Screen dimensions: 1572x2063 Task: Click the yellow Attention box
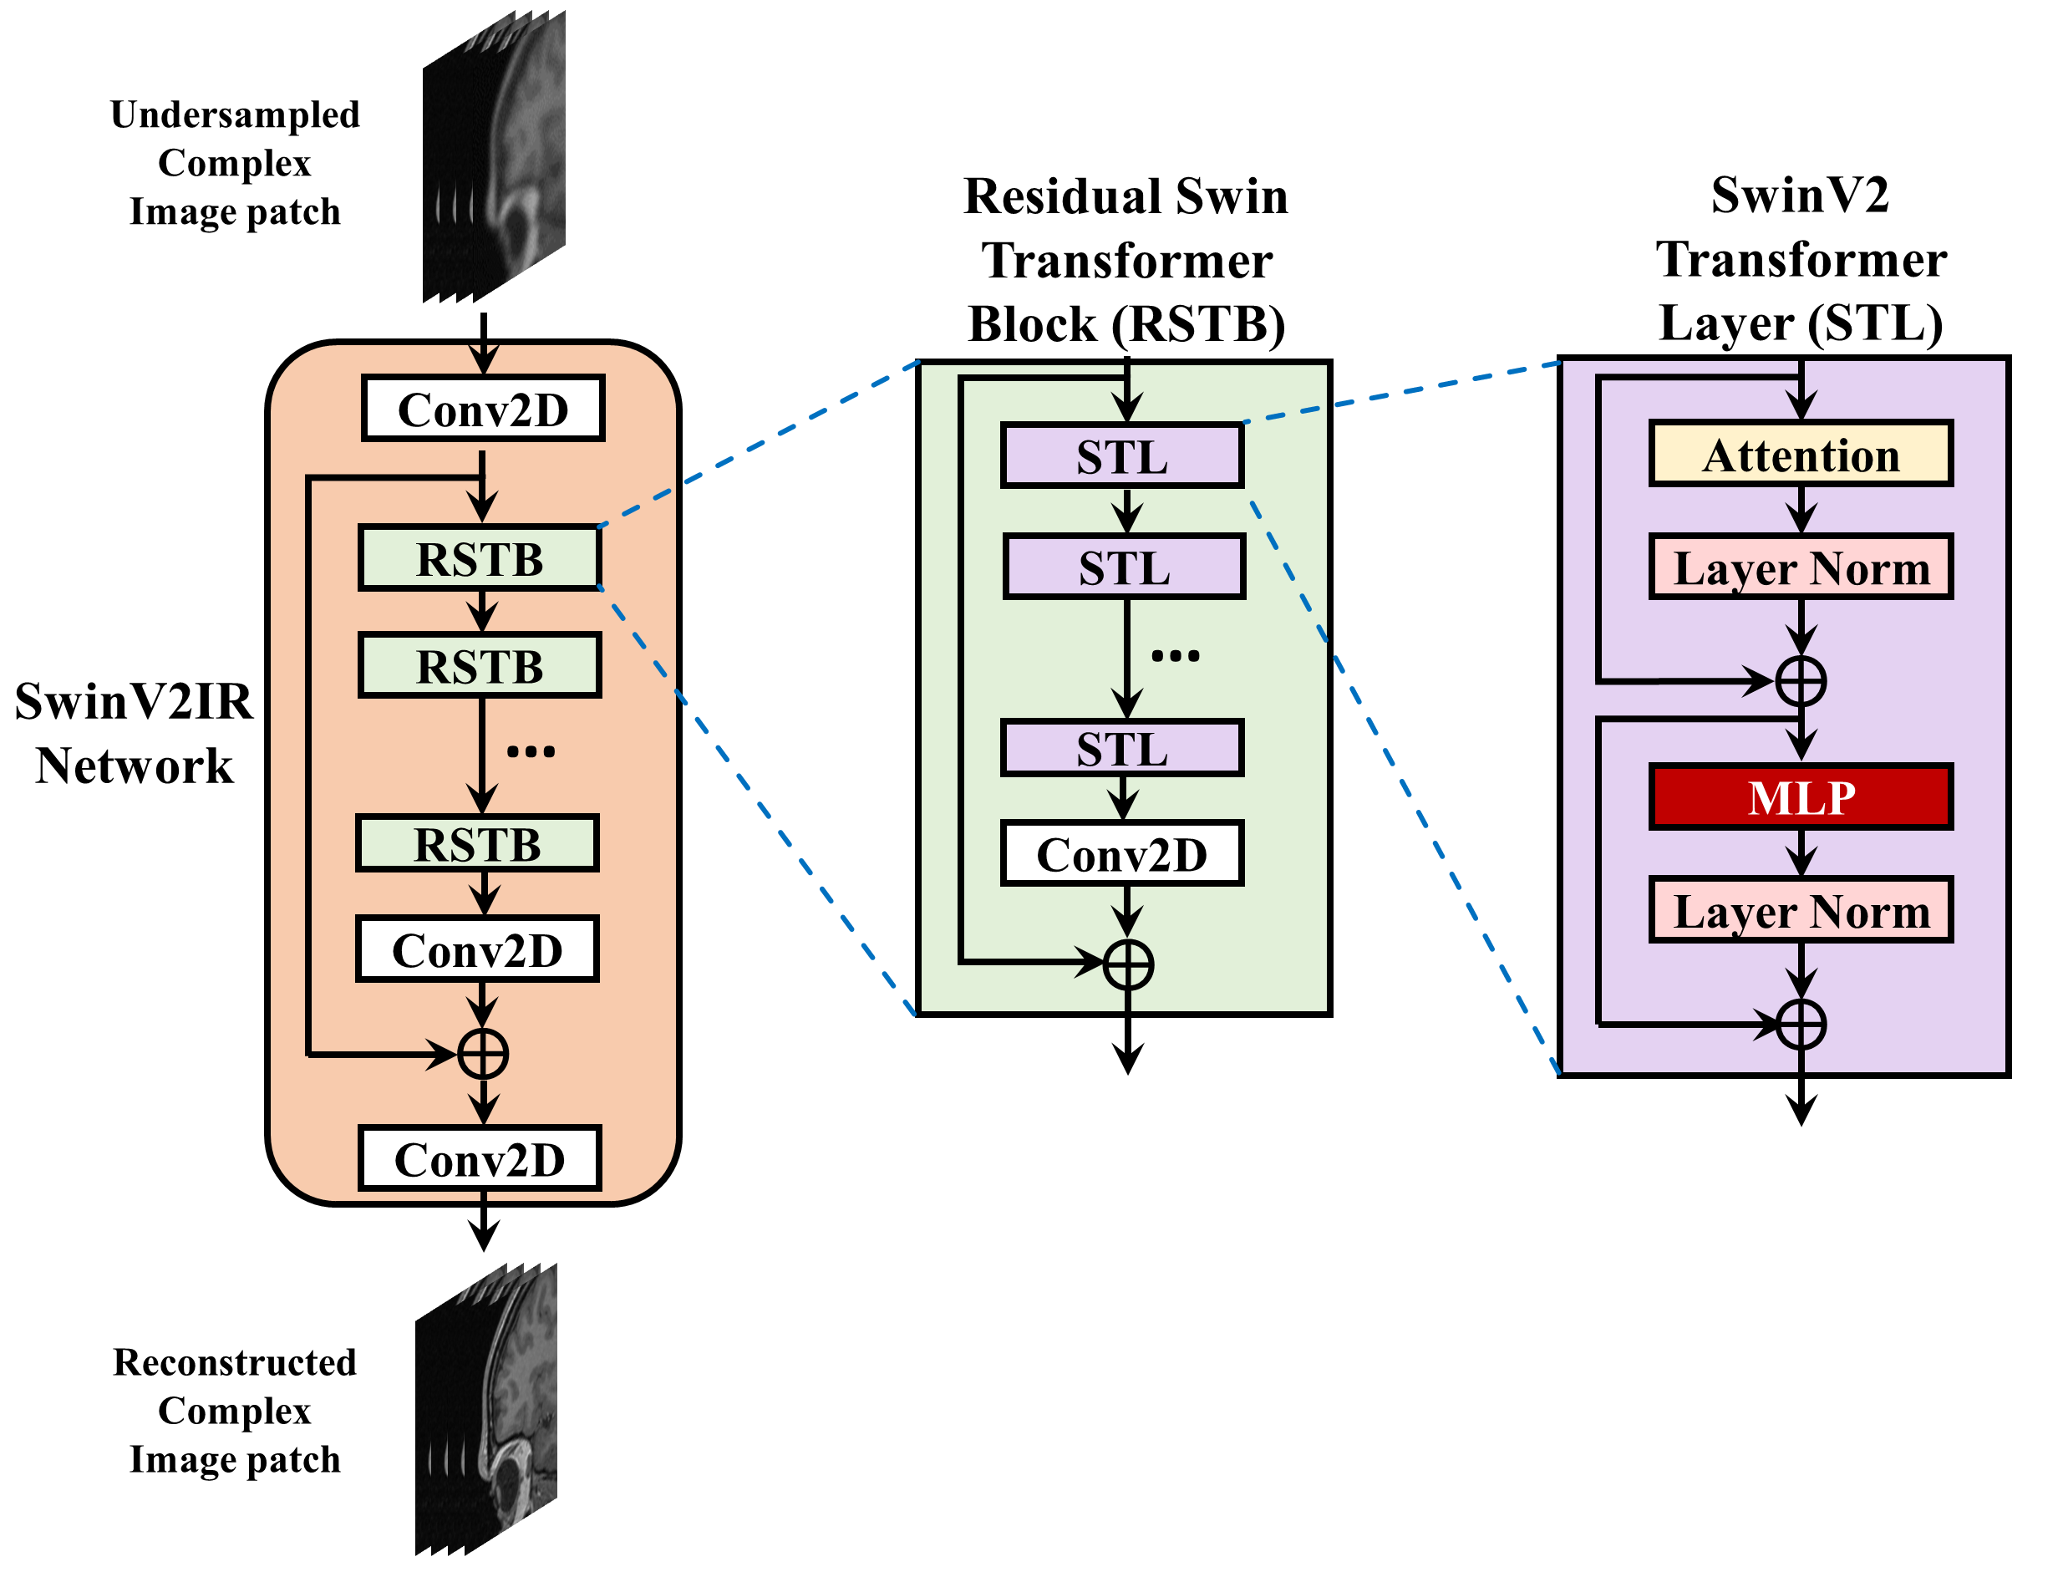pyautogui.click(x=1800, y=454)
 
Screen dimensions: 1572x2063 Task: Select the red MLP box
pyautogui.click(x=1800, y=797)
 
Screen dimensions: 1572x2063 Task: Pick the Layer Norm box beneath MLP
pyautogui.click(x=1800, y=909)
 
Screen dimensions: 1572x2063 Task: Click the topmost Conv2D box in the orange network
pyautogui.click(x=483, y=409)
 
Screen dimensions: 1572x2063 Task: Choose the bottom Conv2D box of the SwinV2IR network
pyautogui.click(x=480, y=1159)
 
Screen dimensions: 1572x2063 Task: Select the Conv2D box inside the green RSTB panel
pyautogui.click(x=1122, y=853)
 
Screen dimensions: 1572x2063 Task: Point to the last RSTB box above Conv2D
pyautogui.click(x=477, y=844)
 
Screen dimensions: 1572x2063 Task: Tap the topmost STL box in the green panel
pyautogui.click(x=1122, y=456)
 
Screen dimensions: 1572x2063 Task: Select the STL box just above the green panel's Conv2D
pyautogui.click(x=1122, y=749)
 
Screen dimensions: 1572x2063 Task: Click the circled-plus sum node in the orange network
pyautogui.click(x=483, y=1055)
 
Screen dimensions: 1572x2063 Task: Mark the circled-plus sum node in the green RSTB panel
pyautogui.click(x=1127, y=964)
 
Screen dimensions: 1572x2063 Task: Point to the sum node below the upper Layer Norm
pyautogui.click(x=1800, y=681)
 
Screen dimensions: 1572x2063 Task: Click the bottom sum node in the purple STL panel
pyautogui.click(x=1800, y=1024)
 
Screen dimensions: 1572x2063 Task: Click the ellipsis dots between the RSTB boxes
pyautogui.click(x=531, y=751)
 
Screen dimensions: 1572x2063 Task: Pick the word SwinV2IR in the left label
pyautogui.click(x=134, y=702)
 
